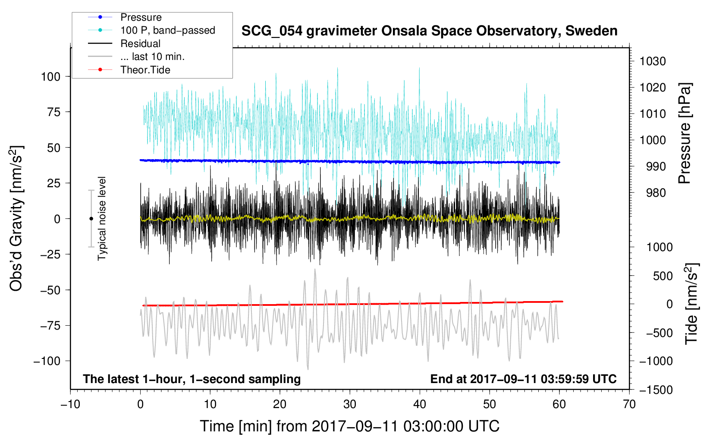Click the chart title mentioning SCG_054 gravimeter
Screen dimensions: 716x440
(x=429, y=31)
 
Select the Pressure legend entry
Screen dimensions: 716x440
(x=125, y=17)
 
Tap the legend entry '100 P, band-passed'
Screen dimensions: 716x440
(x=151, y=30)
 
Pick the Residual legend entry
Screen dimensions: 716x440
(x=124, y=44)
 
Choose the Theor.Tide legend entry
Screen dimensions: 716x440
(x=129, y=70)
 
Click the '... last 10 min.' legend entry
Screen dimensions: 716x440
(x=136, y=57)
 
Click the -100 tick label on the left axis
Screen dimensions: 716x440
(x=47, y=361)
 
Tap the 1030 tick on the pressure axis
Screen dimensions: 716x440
(x=653, y=61)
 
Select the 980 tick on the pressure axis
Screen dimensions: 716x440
(x=656, y=193)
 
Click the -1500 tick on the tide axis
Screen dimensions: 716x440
(x=656, y=390)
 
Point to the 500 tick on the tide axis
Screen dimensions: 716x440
(x=663, y=276)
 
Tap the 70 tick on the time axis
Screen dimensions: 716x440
(x=629, y=404)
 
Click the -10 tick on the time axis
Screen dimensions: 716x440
(x=70, y=404)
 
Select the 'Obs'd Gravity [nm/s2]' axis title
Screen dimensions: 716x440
(x=16, y=219)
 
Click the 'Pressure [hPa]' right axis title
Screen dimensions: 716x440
(x=685, y=133)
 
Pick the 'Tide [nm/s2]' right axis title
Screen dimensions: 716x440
(x=692, y=304)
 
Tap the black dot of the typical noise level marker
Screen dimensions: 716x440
(x=91, y=219)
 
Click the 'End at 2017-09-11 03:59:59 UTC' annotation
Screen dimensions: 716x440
(x=523, y=379)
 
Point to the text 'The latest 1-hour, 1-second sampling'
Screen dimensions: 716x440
(x=192, y=379)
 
